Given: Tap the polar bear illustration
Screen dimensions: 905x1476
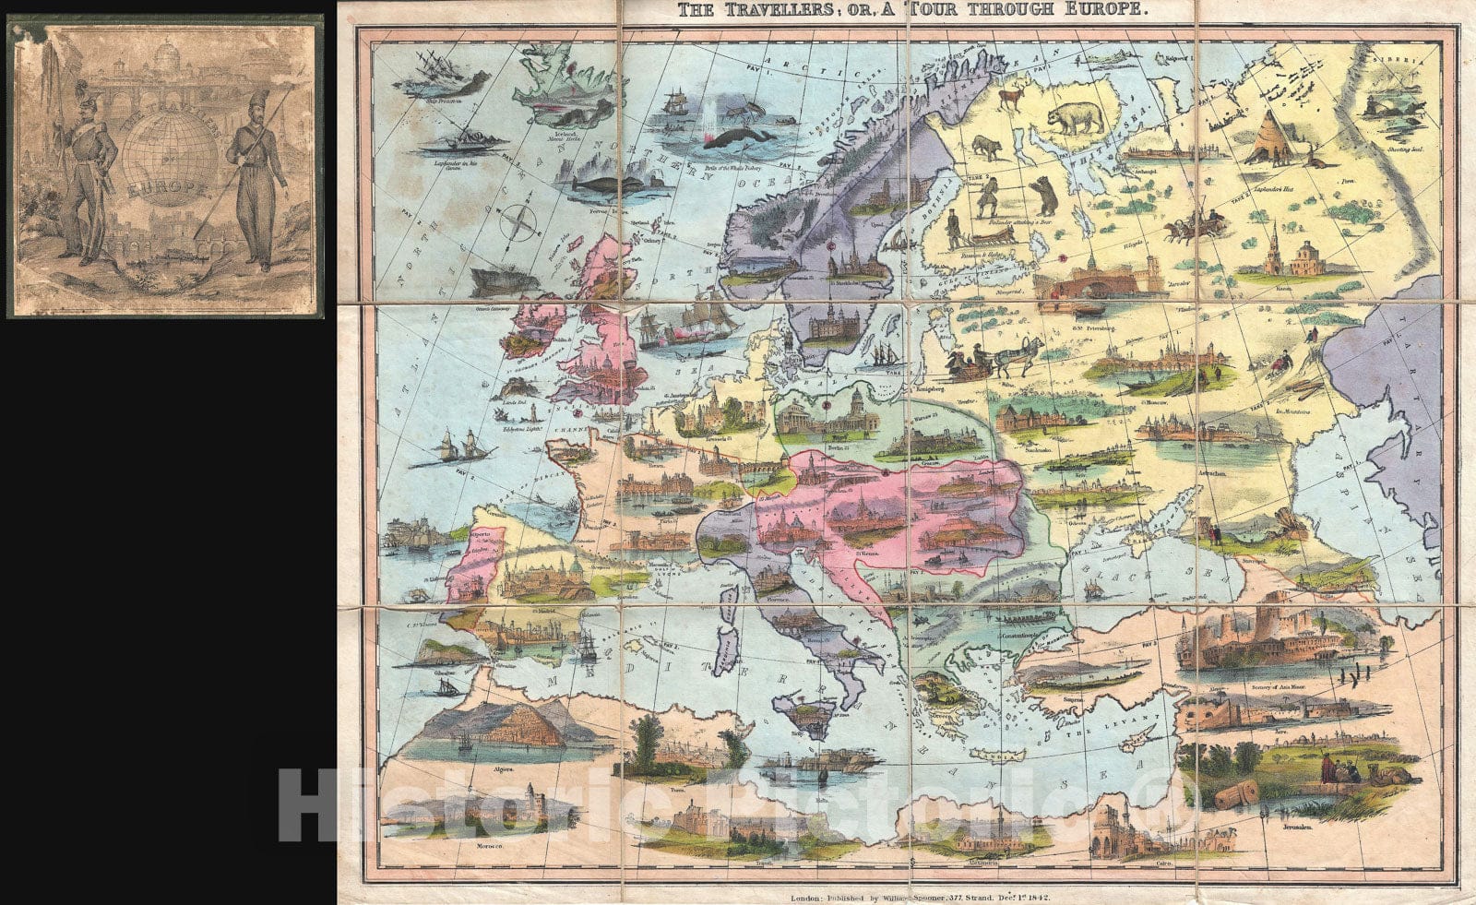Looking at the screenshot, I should coord(1076,117).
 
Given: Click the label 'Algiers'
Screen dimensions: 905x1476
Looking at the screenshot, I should coord(504,767).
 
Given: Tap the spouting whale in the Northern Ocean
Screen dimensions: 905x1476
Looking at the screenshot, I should coord(738,135).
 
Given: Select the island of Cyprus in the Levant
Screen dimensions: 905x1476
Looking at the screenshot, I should coord(1144,736).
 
